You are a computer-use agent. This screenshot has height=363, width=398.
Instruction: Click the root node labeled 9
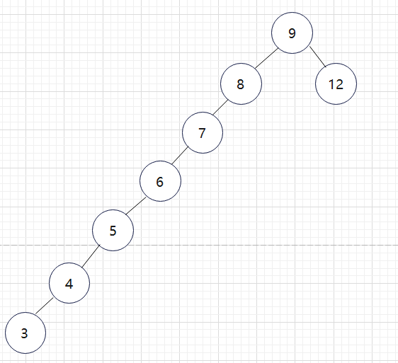pyautogui.click(x=292, y=33)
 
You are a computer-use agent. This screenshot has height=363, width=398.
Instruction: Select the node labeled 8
pyautogui.click(x=241, y=83)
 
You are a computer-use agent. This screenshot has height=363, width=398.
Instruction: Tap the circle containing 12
pyautogui.click(x=336, y=83)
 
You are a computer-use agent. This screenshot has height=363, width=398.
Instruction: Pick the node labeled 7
pyautogui.click(x=203, y=132)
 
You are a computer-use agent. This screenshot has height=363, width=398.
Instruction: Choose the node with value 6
pyautogui.click(x=161, y=181)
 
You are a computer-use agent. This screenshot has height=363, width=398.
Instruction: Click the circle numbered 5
pyautogui.click(x=113, y=230)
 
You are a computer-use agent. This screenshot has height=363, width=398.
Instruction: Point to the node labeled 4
pyautogui.click(x=69, y=283)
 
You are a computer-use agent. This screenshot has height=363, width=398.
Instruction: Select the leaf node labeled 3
pyautogui.click(x=25, y=333)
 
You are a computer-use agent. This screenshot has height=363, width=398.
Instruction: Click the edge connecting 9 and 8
pyautogui.click(x=266, y=58)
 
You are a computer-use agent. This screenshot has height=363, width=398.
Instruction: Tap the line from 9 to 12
pyautogui.click(x=318, y=57)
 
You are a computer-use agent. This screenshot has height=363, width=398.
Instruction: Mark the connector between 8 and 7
pyautogui.click(x=220, y=108)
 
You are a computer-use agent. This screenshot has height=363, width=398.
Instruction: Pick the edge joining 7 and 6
pyautogui.click(x=180, y=155)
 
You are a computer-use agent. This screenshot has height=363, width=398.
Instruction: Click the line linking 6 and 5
pyautogui.click(x=136, y=206)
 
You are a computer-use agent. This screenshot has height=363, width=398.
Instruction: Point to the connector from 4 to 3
pyautogui.click(x=44, y=306)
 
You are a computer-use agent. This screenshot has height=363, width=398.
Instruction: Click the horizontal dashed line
pyautogui.click(x=199, y=246)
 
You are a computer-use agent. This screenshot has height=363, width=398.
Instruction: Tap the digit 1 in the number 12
pyautogui.click(x=331, y=84)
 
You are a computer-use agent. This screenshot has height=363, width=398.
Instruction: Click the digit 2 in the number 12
pyautogui.click(x=339, y=84)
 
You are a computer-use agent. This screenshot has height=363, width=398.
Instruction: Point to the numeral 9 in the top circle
pyautogui.click(x=292, y=33)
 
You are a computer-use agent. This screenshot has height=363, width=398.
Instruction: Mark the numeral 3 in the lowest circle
pyautogui.click(x=24, y=333)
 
